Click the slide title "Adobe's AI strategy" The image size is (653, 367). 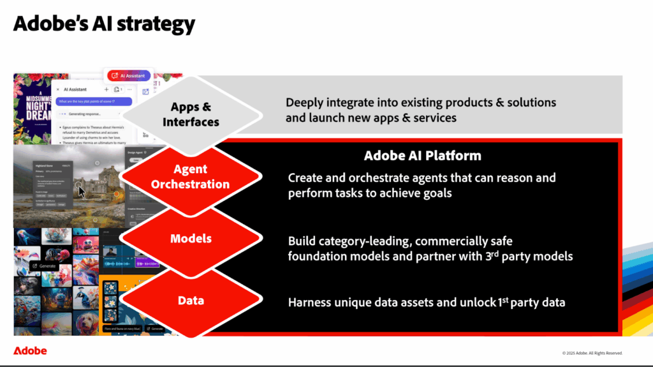pos(104,24)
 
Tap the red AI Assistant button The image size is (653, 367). pos(129,75)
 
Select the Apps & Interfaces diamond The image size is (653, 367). pos(191,114)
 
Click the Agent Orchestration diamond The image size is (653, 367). pos(190,177)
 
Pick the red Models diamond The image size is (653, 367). pos(191,239)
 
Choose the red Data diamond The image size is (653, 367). pos(191,301)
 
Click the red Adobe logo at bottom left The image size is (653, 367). pos(30,351)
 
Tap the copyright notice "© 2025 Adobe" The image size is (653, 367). pos(592,353)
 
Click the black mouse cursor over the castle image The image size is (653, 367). pos(82,191)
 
